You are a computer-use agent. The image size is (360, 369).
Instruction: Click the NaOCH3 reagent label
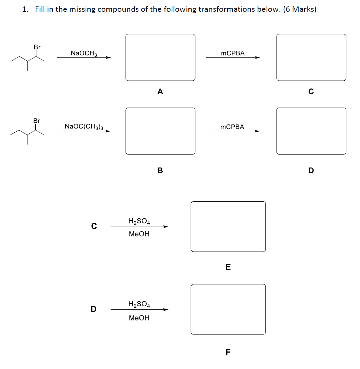click(x=84, y=53)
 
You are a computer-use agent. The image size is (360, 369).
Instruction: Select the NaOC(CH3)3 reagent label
click(x=84, y=126)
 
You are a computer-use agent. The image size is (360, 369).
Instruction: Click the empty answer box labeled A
click(x=160, y=57)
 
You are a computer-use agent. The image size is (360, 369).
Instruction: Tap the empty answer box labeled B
click(x=160, y=131)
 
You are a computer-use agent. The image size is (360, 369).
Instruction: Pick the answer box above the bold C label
click(x=311, y=57)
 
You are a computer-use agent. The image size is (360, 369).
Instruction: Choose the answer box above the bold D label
click(x=311, y=131)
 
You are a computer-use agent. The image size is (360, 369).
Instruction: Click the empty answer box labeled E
click(x=228, y=227)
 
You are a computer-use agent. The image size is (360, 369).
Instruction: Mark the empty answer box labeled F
click(x=228, y=309)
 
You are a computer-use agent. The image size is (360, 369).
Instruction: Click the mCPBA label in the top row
click(x=233, y=53)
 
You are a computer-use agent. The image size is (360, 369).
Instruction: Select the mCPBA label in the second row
click(x=232, y=127)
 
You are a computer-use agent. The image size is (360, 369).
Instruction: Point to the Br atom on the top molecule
click(x=37, y=47)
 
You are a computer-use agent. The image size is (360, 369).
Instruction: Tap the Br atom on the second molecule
click(x=37, y=121)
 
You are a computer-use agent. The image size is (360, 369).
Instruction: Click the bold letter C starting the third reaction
click(x=94, y=226)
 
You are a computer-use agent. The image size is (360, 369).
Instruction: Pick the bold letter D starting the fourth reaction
click(x=93, y=309)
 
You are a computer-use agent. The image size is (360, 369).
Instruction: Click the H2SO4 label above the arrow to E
click(x=139, y=222)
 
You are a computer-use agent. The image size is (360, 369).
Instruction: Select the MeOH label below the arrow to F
click(x=139, y=318)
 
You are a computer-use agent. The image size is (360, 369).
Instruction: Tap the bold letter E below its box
click(x=228, y=267)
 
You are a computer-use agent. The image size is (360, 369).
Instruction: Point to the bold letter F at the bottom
click(x=228, y=352)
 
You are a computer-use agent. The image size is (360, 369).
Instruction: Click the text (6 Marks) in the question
click(x=300, y=9)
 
